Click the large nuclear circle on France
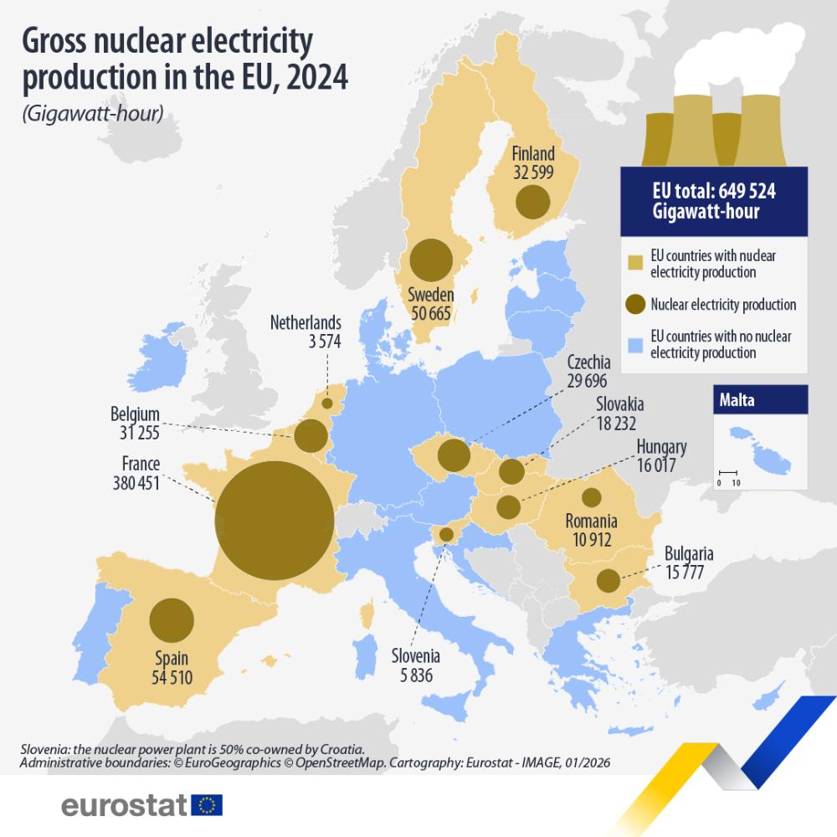pos(274,520)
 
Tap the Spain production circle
pos(172,620)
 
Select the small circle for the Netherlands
pos(327,403)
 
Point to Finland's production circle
pos(532,202)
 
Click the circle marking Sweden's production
pos(431,259)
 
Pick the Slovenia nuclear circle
pos(446,534)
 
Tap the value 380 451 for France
pos(136,482)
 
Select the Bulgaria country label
pos(689,553)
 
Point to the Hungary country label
pos(661,447)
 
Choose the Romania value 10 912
pos(590,540)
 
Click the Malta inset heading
pos(737,400)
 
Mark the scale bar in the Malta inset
pos(726,474)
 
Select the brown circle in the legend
pos(635,305)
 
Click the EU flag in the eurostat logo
pos(207,805)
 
